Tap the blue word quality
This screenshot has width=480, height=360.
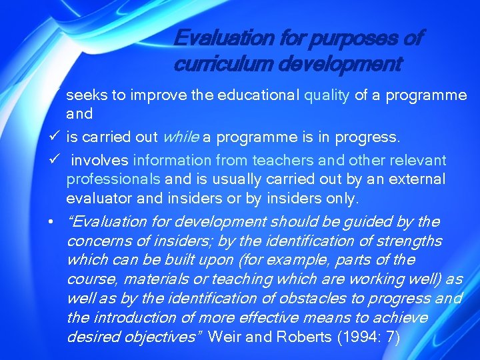pos(327,95)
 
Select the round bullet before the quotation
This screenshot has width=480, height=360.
pos(51,222)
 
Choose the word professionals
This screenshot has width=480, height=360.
pos(113,179)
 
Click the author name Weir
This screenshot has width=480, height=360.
pos(222,337)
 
